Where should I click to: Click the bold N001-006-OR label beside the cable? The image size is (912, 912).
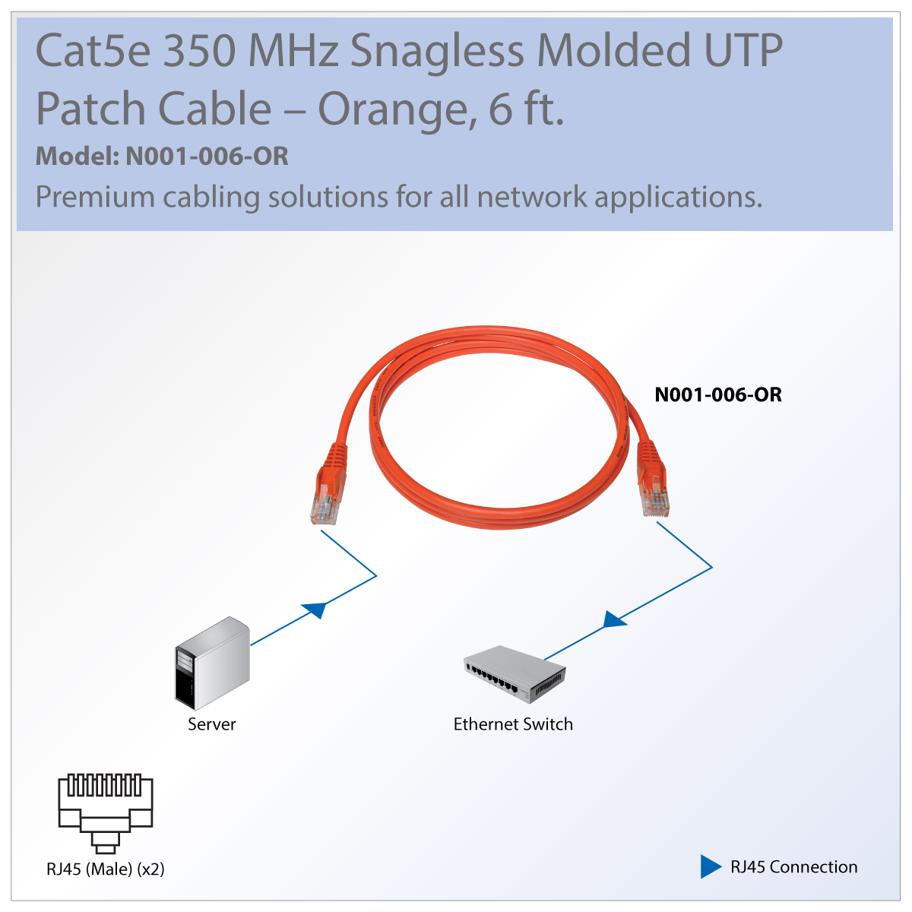pyautogui.click(x=717, y=394)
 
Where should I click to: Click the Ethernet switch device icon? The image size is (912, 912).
pyautogui.click(x=515, y=673)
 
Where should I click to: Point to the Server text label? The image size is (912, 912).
pyautogui.click(x=211, y=724)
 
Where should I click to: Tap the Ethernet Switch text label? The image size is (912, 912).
pyautogui.click(x=513, y=724)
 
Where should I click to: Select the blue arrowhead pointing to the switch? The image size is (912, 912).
pyautogui.click(x=613, y=619)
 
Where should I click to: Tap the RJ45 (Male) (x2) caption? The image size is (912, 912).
pyautogui.click(x=106, y=869)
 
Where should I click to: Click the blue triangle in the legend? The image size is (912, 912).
pyautogui.click(x=710, y=866)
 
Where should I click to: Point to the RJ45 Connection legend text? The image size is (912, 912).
pyautogui.click(x=793, y=867)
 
